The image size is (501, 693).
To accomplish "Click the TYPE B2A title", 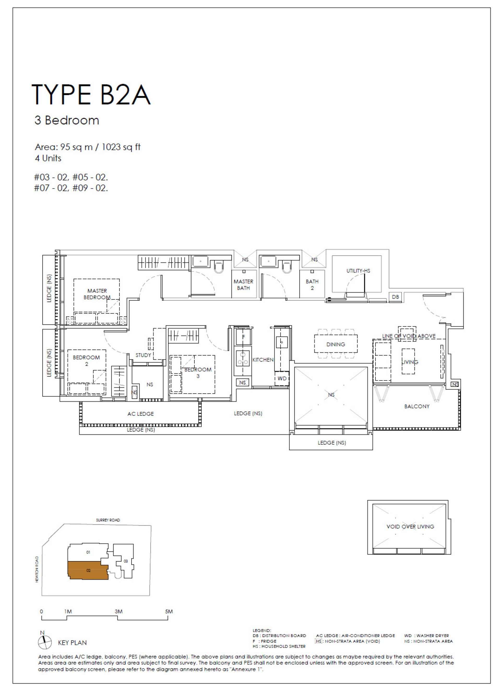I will point(91,95).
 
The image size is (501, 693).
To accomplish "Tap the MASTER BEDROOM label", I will point(97,294).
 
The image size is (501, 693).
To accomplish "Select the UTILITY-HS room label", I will point(358,271).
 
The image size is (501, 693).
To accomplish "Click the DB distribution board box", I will point(395,297).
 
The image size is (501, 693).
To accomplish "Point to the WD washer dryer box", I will point(282,378).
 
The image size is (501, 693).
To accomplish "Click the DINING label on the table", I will point(336,344).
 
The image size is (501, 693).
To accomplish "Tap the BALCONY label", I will point(417,406).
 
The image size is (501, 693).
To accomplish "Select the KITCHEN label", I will point(263,360).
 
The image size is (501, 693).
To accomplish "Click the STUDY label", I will point(143,355).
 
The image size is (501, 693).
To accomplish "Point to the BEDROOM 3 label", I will point(198,372).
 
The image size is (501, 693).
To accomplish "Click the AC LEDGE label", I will point(140,414).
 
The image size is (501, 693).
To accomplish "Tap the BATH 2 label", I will point(312,284).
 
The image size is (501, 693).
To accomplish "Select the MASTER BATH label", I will point(243,284).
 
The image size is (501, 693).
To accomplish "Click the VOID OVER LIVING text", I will point(410,526).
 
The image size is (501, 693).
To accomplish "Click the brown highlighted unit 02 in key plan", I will point(88,570).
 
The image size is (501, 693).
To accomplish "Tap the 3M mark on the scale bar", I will point(118,612).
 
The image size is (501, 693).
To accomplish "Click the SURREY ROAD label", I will point(108,520).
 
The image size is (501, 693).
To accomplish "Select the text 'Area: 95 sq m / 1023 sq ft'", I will point(88,147).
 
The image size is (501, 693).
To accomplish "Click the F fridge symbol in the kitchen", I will point(243,337).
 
